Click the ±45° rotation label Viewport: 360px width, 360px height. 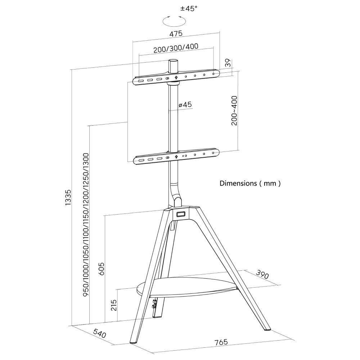[x=189, y=9]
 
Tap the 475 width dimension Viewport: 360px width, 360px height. [x=176, y=33]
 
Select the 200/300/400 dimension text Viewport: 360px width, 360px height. [x=176, y=48]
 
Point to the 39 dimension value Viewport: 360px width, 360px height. [x=228, y=63]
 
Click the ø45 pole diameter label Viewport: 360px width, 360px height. [x=185, y=105]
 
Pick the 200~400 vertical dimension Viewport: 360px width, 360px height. [x=234, y=111]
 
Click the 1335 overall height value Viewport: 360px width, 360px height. [x=68, y=197]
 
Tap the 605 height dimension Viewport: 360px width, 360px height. [x=101, y=269]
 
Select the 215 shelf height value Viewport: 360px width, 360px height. [x=114, y=305]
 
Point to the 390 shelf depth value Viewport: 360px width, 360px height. [x=262, y=275]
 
